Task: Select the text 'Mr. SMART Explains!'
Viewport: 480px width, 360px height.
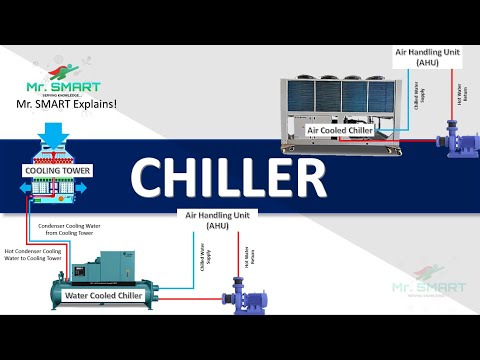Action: (68, 102)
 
